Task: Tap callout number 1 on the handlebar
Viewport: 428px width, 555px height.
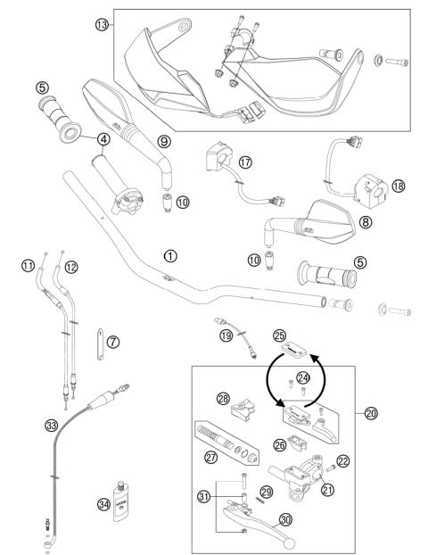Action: pyautogui.click(x=170, y=255)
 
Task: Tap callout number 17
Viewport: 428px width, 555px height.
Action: pyautogui.click(x=244, y=162)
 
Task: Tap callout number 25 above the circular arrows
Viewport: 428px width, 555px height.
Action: pyautogui.click(x=280, y=335)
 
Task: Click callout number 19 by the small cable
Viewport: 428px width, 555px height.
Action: pyautogui.click(x=227, y=336)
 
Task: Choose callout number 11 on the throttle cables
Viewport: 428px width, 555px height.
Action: pyautogui.click(x=28, y=265)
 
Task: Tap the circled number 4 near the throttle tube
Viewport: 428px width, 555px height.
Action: pyautogui.click(x=104, y=139)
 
